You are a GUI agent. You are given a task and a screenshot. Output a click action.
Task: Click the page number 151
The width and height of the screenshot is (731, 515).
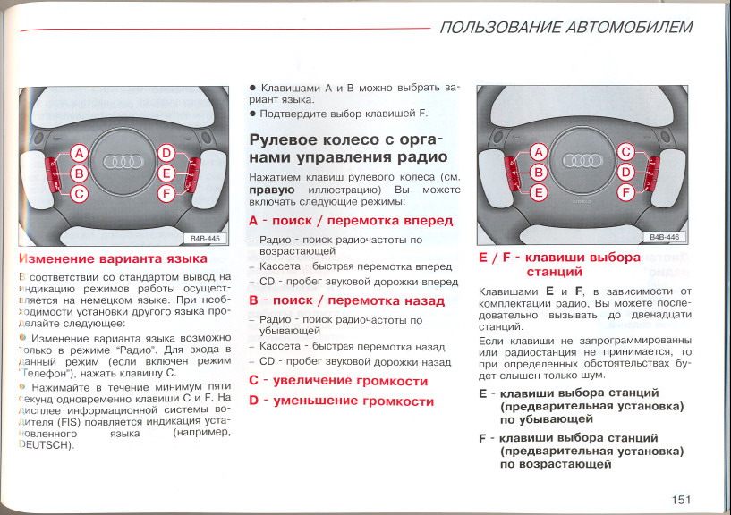(x=680, y=499)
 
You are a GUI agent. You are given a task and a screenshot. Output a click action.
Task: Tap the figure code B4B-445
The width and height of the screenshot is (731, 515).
(x=206, y=239)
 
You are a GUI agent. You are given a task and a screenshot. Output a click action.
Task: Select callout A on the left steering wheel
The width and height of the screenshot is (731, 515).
(x=79, y=153)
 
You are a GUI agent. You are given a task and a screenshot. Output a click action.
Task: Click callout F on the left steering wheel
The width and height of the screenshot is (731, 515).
(x=166, y=193)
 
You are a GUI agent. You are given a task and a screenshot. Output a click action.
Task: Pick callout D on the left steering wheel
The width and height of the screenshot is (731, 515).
(x=166, y=153)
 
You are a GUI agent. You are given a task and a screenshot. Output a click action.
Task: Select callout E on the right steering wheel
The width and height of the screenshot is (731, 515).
(x=539, y=191)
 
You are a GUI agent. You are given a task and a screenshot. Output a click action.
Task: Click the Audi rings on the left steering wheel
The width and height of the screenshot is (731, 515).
(x=123, y=162)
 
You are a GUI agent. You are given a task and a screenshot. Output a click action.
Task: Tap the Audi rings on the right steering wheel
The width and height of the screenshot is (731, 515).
(x=582, y=161)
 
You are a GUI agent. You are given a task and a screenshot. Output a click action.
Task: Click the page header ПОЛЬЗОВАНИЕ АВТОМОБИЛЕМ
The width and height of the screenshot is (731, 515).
(x=566, y=28)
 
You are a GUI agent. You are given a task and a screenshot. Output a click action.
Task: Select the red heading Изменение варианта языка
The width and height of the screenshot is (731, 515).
(x=113, y=258)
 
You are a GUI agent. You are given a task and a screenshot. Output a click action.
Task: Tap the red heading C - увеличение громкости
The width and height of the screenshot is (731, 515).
(x=338, y=381)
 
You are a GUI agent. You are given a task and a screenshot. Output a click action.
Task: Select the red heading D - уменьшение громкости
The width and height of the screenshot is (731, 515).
(x=341, y=401)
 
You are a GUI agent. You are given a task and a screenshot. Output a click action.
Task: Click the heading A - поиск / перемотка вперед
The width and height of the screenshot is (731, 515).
(x=351, y=220)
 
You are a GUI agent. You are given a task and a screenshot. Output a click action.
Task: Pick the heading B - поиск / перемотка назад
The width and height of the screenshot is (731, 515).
(x=346, y=300)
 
